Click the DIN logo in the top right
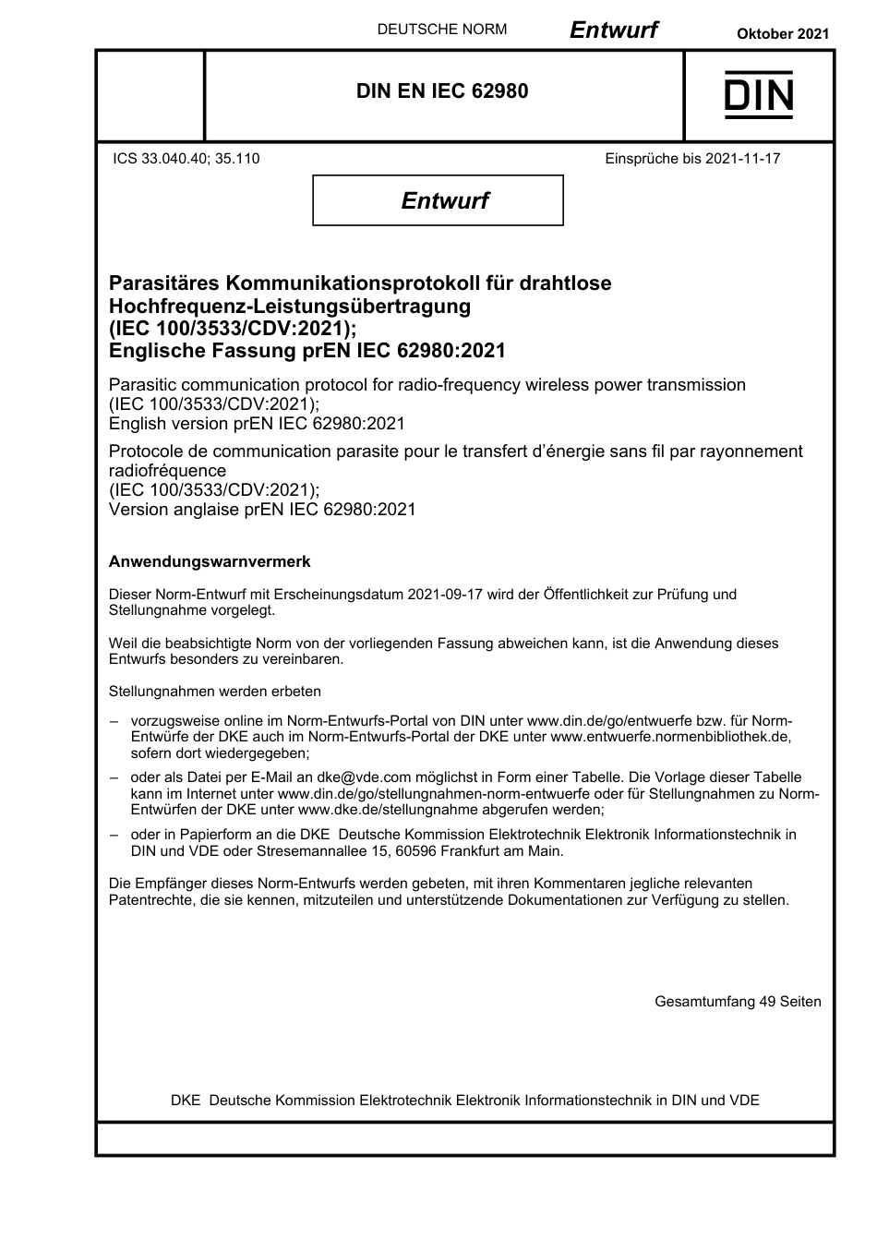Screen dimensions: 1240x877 [758, 95]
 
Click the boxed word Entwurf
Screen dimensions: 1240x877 [444, 200]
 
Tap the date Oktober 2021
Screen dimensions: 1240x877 [782, 33]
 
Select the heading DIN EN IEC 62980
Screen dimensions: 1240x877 [442, 91]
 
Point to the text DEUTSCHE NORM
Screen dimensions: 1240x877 [441, 30]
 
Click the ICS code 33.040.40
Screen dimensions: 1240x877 [174, 159]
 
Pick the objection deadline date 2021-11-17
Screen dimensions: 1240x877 [742, 159]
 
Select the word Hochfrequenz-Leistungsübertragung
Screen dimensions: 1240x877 [289, 306]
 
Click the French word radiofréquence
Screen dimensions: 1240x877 [167, 470]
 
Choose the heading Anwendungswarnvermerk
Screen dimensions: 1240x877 [210, 561]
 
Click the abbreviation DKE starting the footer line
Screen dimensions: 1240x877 [186, 1100]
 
